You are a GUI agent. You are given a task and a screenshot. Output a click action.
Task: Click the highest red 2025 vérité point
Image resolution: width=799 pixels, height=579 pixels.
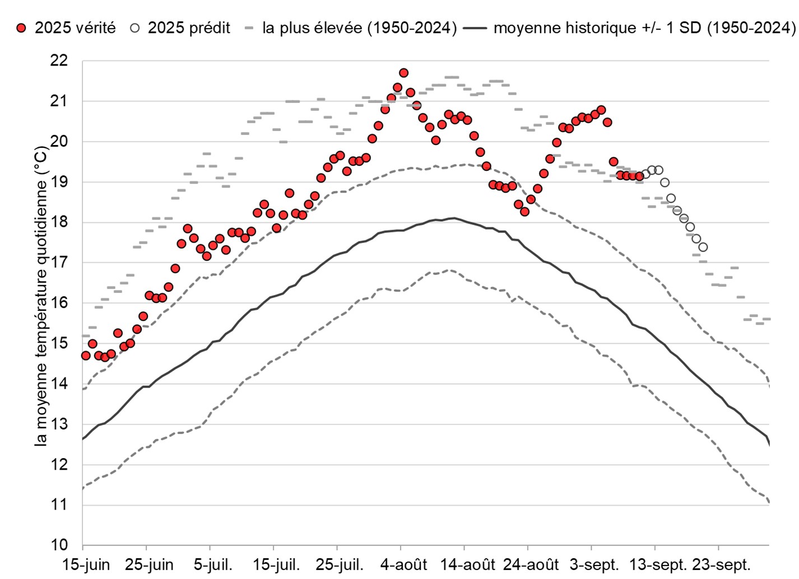point(403,73)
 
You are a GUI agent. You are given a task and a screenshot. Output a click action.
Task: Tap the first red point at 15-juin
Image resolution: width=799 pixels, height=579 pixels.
point(86,356)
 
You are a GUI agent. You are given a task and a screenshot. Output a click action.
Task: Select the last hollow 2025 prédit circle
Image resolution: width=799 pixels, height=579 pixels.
point(703,247)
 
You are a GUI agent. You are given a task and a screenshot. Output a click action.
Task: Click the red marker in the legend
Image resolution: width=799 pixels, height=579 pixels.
point(21,28)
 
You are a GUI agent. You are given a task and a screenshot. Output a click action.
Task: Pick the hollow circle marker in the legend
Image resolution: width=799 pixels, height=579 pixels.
point(134,28)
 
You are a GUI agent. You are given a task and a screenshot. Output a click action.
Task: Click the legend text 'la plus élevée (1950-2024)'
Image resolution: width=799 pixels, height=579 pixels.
point(359,28)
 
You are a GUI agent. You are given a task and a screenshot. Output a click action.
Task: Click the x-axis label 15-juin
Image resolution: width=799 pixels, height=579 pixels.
point(86,564)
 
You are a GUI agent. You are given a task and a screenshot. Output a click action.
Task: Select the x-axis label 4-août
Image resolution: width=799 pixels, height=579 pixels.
point(403,564)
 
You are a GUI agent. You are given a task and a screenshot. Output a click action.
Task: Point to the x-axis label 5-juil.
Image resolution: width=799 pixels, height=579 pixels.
point(213,564)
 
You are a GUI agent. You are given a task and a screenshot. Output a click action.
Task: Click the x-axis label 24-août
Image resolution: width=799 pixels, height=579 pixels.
point(531,564)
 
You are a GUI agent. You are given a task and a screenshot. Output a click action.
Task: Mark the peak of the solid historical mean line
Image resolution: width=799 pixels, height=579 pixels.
point(453,218)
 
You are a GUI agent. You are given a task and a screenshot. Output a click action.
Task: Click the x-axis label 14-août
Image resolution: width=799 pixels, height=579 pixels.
point(467,564)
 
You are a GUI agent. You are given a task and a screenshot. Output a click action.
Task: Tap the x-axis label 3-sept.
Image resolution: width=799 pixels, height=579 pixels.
point(594,564)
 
